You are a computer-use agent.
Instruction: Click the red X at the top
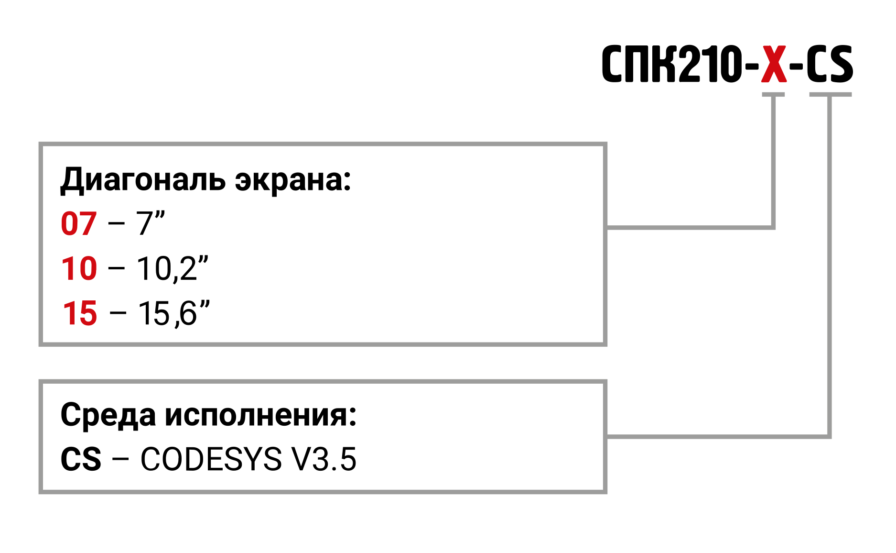(x=774, y=64)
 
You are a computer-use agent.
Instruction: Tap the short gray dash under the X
(x=773, y=94)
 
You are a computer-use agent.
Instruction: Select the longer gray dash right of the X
(x=830, y=94)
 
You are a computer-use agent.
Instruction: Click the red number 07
(x=79, y=224)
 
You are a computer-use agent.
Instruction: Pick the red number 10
(x=79, y=268)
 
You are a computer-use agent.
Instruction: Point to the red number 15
(x=80, y=314)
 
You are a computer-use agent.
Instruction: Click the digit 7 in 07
(x=88, y=224)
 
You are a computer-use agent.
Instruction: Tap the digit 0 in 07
(x=70, y=224)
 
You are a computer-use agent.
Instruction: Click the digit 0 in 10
(x=88, y=268)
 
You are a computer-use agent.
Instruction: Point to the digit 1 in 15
(x=70, y=314)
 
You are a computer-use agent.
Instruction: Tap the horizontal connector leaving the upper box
(x=688, y=227)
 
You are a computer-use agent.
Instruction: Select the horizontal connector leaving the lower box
(x=717, y=436)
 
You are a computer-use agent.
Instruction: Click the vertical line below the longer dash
(x=829, y=263)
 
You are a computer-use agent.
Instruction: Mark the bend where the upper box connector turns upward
(x=773, y=227)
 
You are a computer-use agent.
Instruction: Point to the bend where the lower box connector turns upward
(x=829, y=436)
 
